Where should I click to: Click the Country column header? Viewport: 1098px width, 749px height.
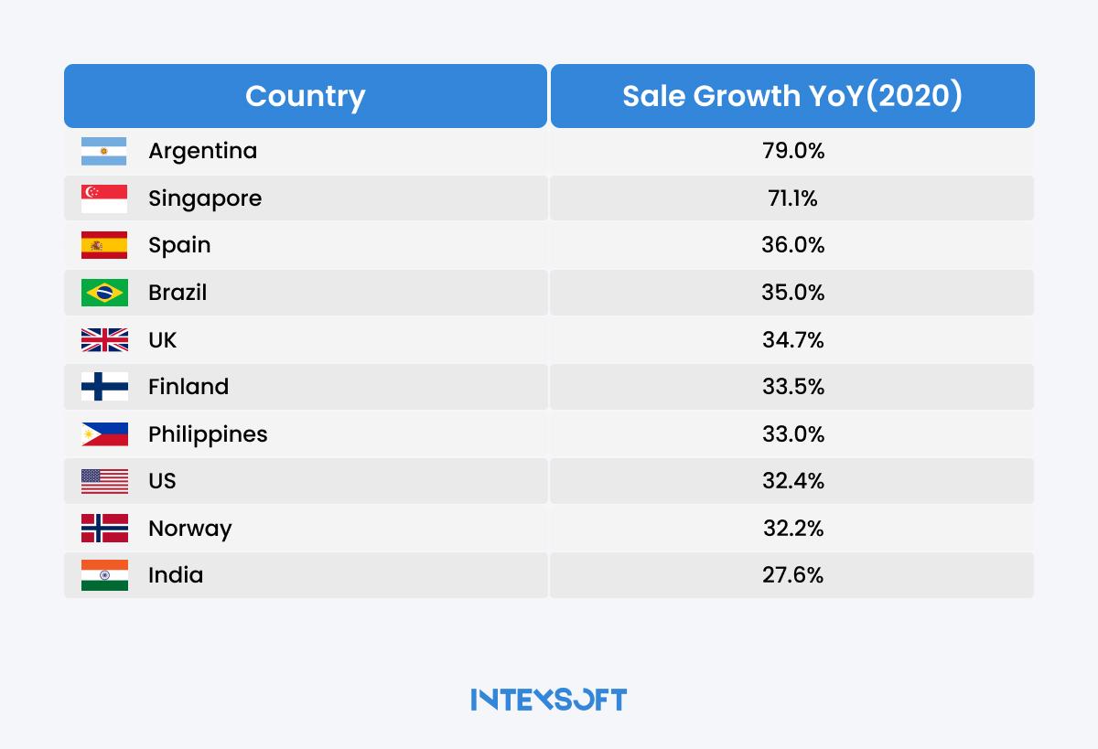tap(305, 96)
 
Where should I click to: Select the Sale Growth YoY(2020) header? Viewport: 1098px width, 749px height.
tap(792, 96)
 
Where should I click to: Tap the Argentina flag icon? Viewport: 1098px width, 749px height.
tap(104, 151)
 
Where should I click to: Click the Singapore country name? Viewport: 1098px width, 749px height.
tap(205, 198)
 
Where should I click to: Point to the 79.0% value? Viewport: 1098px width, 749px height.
tap(793, 151)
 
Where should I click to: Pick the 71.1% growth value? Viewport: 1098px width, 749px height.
tap(793, 198)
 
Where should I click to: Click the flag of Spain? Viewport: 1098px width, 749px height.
tap(104, 245)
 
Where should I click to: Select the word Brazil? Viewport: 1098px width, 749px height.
tap(178, 293)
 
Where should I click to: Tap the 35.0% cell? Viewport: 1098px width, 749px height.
tap(793, 293)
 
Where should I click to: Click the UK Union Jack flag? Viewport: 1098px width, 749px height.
tap(104, 340)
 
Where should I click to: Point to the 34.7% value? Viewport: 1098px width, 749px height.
tap(793, 340)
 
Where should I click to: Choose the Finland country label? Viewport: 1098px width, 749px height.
tap(188, 387)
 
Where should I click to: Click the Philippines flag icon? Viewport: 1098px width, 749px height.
tap(104, 434)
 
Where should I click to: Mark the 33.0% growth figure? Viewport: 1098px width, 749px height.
tap(793, 434)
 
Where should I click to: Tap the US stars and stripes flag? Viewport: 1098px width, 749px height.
tap(104, 481)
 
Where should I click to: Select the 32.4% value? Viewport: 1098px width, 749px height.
tap(793, 481)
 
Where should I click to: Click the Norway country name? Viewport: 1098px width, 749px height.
tap(190, 529)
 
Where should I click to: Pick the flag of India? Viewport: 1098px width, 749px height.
tap(104, 575)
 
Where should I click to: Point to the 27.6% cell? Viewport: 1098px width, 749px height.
tap(793, 575)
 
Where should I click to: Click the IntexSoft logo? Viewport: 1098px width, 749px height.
tap(549, 700)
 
